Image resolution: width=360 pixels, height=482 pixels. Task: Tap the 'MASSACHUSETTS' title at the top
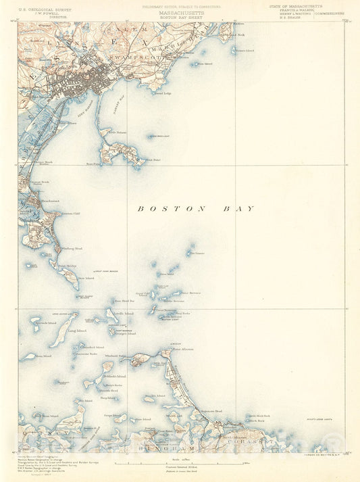(180, 12)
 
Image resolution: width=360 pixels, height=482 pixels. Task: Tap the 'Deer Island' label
(86, 278)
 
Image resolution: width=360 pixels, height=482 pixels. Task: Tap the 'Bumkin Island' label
(155, 396)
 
